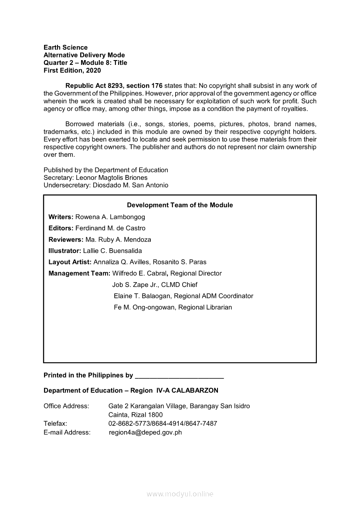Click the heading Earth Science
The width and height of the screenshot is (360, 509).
(65, 47)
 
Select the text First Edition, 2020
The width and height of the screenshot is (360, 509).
(72, 71)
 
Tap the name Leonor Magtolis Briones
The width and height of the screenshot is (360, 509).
(112, 178)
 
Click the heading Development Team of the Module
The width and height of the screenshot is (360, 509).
(180, 205)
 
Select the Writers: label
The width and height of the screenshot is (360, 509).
(61, 217)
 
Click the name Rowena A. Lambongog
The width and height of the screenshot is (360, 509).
(110, 217)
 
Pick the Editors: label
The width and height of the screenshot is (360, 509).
(61, 228)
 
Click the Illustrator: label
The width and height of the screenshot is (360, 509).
(65, 251)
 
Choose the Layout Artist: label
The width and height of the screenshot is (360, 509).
(70, 262)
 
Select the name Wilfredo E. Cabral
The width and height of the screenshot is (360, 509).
(139, 273)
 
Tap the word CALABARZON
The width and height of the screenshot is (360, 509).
(195, 391)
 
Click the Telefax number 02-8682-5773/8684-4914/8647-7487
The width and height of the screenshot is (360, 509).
(163, 424)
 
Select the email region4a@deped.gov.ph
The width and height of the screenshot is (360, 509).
(145, 432)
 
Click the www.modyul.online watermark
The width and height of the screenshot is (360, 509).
(180, 494)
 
